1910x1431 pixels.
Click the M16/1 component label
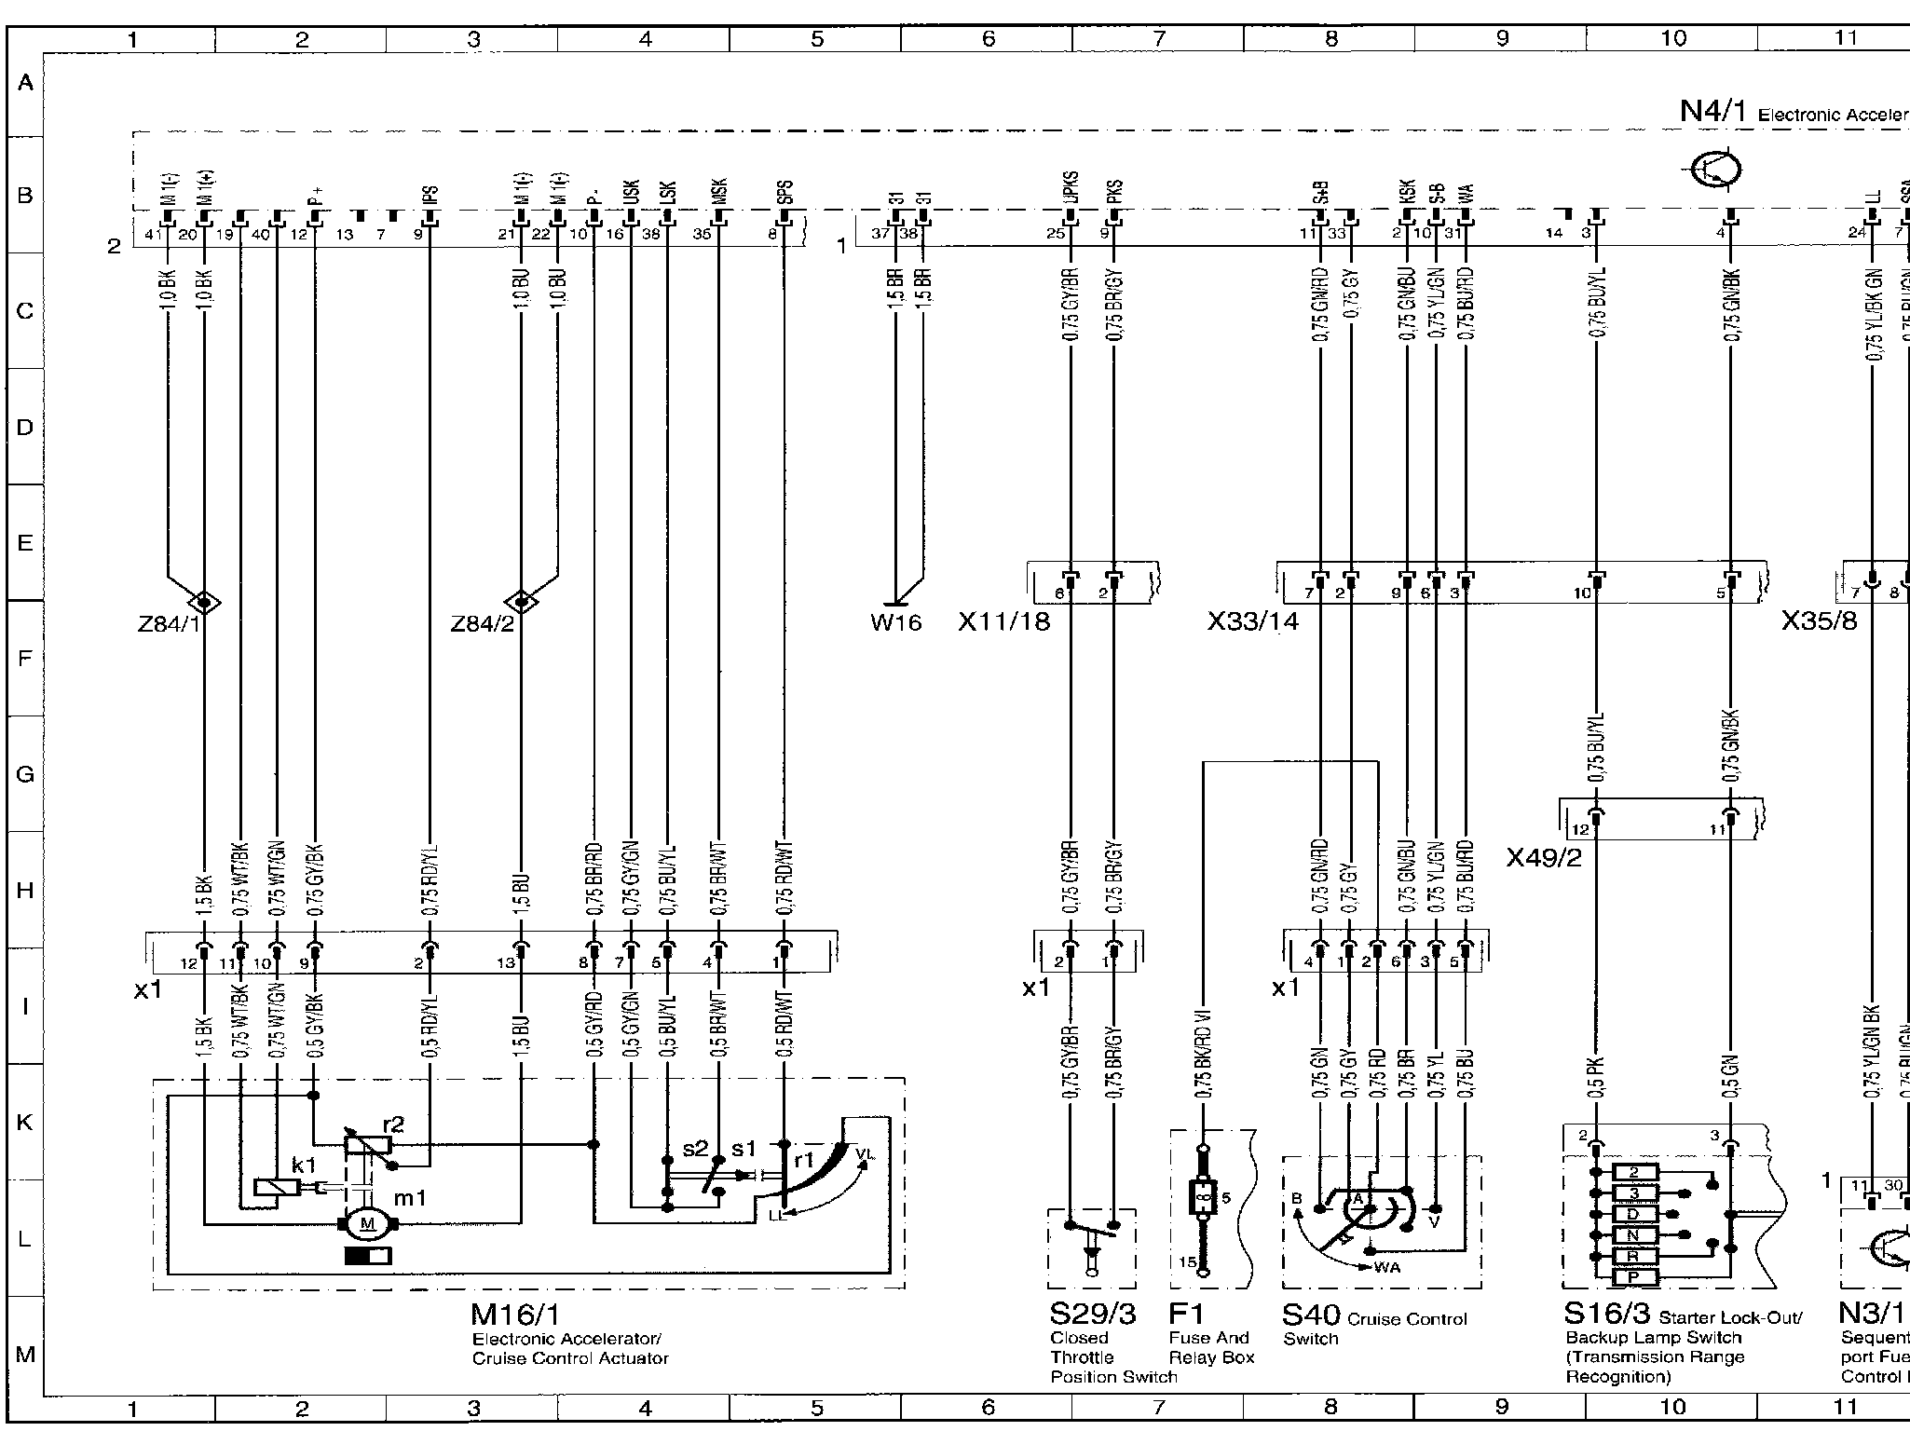515,1315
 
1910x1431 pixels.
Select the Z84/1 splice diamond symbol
203,602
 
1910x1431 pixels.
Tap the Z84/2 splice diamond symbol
521,602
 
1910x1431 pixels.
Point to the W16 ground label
895,621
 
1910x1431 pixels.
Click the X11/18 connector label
1003,621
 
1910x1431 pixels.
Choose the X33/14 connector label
1252,621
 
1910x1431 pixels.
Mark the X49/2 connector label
1544,857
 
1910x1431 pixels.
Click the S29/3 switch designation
1092,1315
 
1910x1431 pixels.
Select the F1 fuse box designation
1186,1315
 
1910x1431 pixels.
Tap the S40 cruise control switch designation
1311,1315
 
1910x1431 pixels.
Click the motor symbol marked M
367,1223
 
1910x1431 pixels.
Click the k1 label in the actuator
304,1165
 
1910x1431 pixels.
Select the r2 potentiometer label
393,1124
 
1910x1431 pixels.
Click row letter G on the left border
25,775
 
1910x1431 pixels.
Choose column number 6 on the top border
988,38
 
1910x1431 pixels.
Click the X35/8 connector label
1819,621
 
